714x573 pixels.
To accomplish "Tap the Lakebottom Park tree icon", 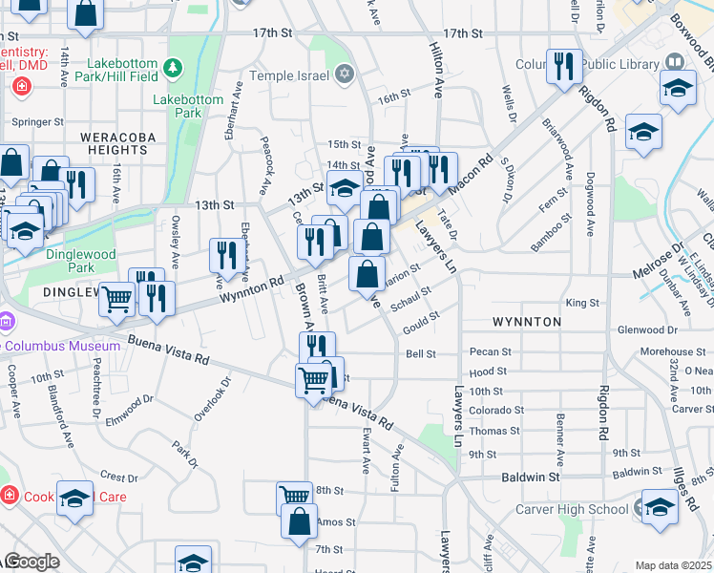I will point(173,68).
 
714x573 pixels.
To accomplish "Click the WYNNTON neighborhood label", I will point(527,322).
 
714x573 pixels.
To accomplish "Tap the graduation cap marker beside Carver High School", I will point(660,507).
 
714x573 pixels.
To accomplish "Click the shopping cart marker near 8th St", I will point(295,498).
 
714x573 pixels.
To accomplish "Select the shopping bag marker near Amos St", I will point(300,521).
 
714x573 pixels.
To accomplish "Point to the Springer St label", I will point(37,122).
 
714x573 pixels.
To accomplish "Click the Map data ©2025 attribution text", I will point(674,565).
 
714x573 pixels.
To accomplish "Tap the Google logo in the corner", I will point(31,562).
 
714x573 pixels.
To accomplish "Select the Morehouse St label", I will point(665,352).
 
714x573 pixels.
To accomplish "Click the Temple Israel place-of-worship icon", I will point(345,74).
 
